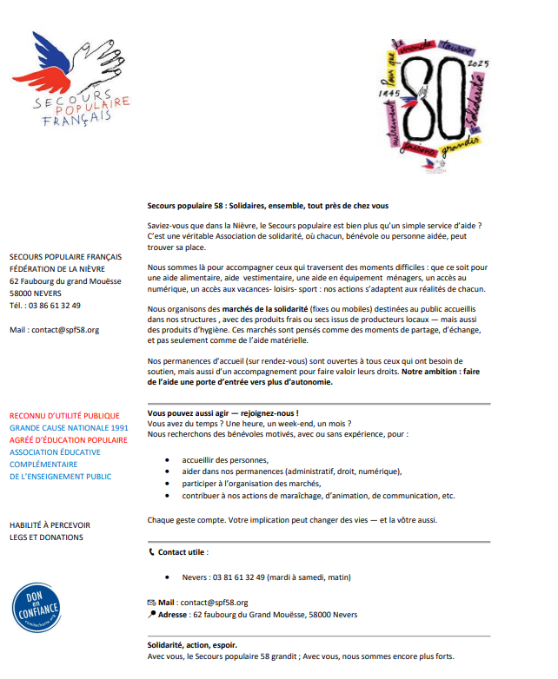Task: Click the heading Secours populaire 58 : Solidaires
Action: click(x=268, y=206)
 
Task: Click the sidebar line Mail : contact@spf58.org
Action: click(x=54, y=330)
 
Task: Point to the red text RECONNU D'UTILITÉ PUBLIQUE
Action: click(x=64, y=416)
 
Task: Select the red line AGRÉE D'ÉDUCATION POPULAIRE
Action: click(x=68, y=440)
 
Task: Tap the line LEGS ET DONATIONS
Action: click(x=46, y=537)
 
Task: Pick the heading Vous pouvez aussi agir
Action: click(x=223, y=413)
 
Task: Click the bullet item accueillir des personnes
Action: click(x=224, y=459)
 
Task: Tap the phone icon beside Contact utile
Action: click(x=152, y=551)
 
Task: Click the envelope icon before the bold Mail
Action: click(x=152, y=602)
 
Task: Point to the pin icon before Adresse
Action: click(x=152, y=614)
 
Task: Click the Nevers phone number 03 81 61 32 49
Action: click(x=239, y=577)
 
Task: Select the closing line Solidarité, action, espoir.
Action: click(x=192, y=645)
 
